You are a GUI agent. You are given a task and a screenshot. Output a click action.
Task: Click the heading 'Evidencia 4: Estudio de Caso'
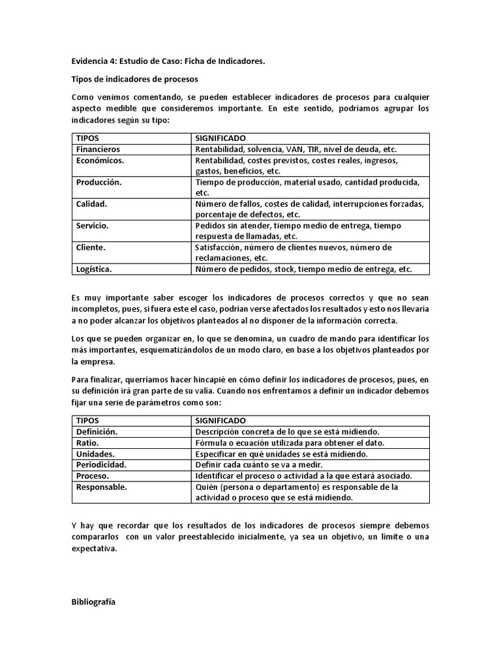click(168, 61)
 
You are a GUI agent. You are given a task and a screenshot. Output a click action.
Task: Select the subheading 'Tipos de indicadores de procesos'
click(134, 78)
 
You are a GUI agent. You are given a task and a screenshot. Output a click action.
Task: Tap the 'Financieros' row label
click(98, 149)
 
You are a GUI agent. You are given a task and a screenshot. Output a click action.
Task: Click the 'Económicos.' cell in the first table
click(100, 160)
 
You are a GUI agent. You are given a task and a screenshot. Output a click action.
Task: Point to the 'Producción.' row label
click(99, 183)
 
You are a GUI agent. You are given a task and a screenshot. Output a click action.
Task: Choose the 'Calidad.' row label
click(91, 204)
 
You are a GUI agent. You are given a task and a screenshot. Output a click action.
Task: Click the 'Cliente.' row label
click(91, 248)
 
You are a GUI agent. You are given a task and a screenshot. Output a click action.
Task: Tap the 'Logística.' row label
click(94, 269)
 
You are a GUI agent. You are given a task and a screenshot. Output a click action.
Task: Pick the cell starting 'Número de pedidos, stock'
click(303, 269)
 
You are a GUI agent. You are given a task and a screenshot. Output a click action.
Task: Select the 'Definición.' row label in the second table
click(97, 432)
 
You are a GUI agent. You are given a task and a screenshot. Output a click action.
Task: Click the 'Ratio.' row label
click(87, 443)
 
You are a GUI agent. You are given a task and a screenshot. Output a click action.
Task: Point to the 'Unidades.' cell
click(95, 454)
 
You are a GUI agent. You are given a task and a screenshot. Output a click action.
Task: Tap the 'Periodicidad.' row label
click(100, 465)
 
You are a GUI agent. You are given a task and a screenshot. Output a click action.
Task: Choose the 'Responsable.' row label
click(102, 487)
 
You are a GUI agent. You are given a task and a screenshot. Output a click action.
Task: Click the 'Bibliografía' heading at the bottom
click(93, 602)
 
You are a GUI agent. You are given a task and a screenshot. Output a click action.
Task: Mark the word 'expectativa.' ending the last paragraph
click(94, 549)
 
